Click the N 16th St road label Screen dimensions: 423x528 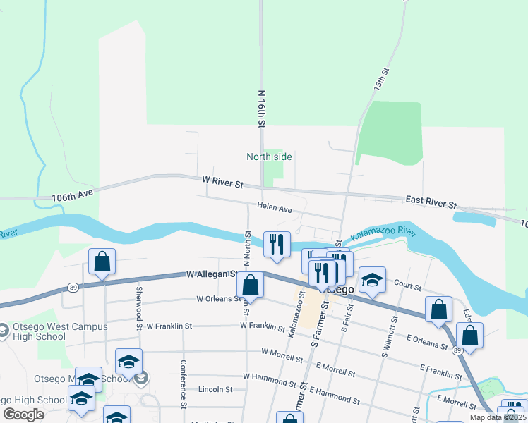pyautogui.click(x=261, y=108)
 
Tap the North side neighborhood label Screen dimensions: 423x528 pyautogui.click(x=269, y=157)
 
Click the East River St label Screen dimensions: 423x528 pyautogui.click(x=431, y=202)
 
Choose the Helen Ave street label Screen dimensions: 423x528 pyautogui.click(x=275, y=209)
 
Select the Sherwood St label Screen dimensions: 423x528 pyautogui.click(x=139, y=302)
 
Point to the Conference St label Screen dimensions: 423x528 pyautogui.click(x=183, y=384)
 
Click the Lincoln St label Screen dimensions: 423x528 pyautogui.click(x=215, y=389)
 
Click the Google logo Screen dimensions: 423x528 pyautogui.click(x=24, y=415)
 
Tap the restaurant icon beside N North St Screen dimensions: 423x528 pyautogui.click(x=276, y=244)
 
